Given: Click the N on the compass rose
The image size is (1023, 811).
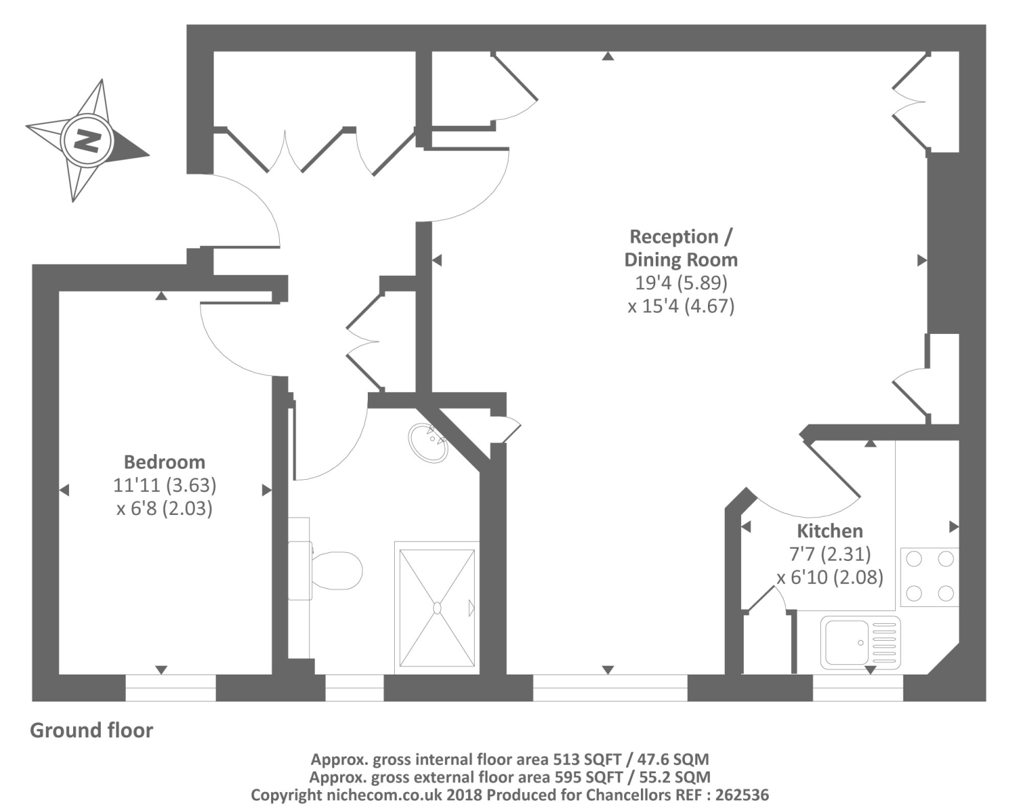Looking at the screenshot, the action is pyautogui.click(x=86, y=141).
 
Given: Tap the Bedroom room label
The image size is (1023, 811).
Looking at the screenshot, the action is pyautogui.click(x=164, y=462).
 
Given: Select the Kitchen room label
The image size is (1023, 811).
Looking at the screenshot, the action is pyautogui.click(x=830, y=531).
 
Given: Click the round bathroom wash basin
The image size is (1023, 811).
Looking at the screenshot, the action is pyautogui.click(x=429, y=443).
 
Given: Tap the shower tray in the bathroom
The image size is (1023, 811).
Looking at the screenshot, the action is pyautogui.click(x=437, y=608).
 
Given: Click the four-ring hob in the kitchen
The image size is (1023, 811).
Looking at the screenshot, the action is pyautogui.click(x=929, y=576).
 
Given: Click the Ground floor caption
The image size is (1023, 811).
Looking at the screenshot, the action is pyautogui.click(x=91, y=731).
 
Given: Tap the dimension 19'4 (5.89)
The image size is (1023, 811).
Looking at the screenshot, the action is pyautogui.click(x=681, y=282).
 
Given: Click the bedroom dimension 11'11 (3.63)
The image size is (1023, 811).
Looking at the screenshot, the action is pyautogui.click(x=164, y=485).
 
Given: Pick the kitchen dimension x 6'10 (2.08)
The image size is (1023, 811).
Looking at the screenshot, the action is pyautogui.click(x=830, y=578).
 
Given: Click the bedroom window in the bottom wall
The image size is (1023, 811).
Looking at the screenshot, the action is pyautogui.click(x=170, y=687).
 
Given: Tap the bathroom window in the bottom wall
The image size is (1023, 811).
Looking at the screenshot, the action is pyautogui.click(x=354, y=687).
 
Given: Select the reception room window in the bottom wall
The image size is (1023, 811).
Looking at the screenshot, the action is pyautogui.click(x=610, y=687).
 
